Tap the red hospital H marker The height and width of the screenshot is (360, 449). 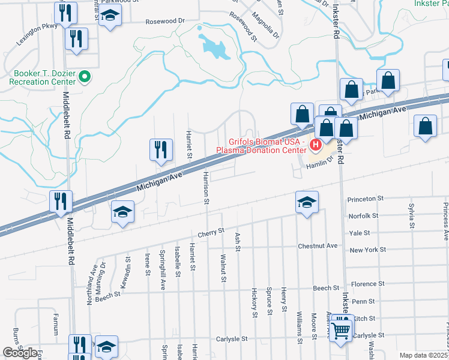click(x=315, y=145)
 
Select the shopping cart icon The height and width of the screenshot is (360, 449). click(x=341, y=329)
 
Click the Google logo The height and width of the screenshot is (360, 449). click(x=20, y=353)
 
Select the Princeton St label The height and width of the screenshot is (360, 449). click(x=365, y=198)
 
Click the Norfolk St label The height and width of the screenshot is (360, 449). click(x=363, y=215)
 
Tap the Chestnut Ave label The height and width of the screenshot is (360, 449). click(x=318, y=245)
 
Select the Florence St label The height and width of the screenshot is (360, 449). click(x=367, y=284)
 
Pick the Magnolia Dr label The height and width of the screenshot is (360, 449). click(x=266, y=25)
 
